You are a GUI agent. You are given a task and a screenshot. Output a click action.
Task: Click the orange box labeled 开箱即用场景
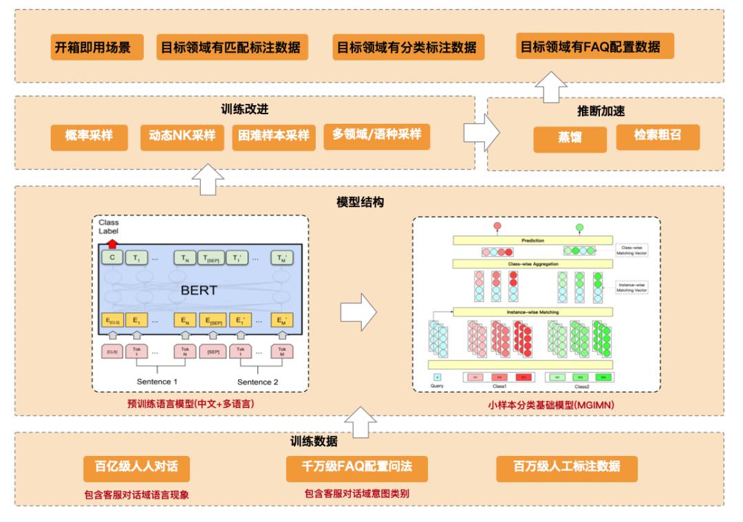click(x=91, y=47)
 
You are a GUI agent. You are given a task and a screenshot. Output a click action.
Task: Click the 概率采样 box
click(x=89, y=137)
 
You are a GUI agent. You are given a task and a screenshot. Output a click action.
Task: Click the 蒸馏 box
click(x=570, y=138)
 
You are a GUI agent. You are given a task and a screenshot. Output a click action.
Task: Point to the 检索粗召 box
click(x=657, y=136)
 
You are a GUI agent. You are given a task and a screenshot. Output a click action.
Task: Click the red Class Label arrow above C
click(x=113, y=243)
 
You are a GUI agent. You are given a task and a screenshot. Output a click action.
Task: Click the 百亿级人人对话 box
click(x=136, y=467)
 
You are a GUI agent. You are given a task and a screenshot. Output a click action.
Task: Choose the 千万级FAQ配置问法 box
click(x=356, y=467)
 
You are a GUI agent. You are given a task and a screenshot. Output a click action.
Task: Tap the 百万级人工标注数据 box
click(x=567, y=467)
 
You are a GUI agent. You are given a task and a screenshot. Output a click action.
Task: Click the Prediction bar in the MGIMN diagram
click(x=532, y=240)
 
